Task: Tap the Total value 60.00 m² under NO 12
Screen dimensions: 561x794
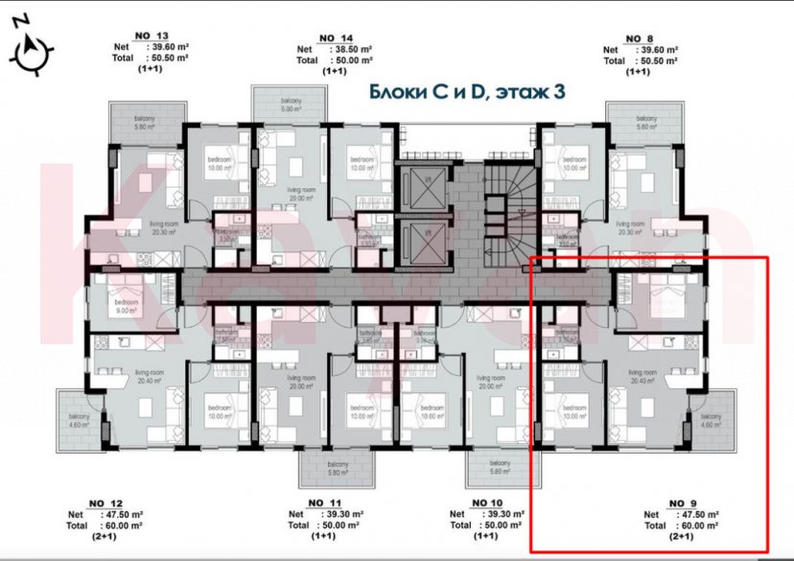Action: click(124, 526)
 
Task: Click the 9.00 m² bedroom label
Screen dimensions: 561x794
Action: click(127, 306)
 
